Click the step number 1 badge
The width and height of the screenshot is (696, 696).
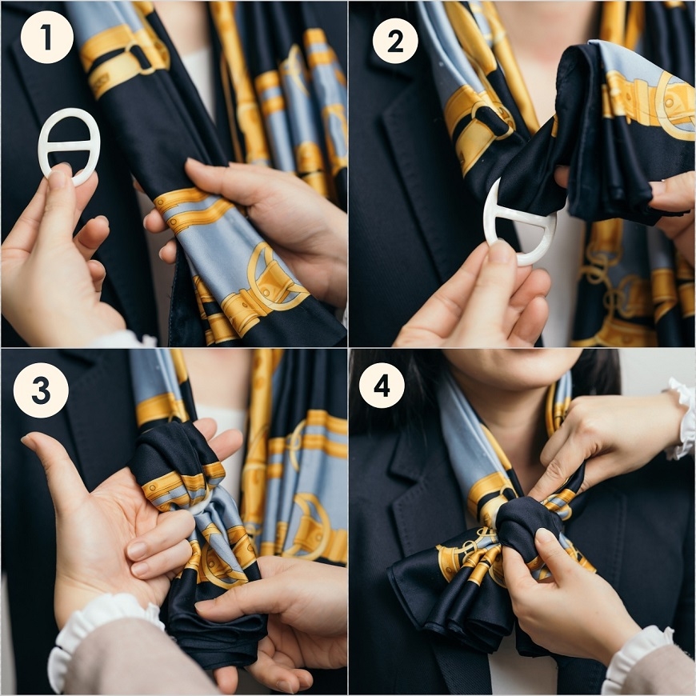click(x=46, y=38)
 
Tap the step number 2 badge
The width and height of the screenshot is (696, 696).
click(x=395, y=41)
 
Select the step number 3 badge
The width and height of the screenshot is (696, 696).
click(x=41, y=390)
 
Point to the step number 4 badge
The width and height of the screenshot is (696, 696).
click(x=382, y=386)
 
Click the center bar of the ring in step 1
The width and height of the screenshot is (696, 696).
click(x=70, y=146)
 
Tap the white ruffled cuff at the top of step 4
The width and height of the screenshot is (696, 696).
click(x=680, y=418)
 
